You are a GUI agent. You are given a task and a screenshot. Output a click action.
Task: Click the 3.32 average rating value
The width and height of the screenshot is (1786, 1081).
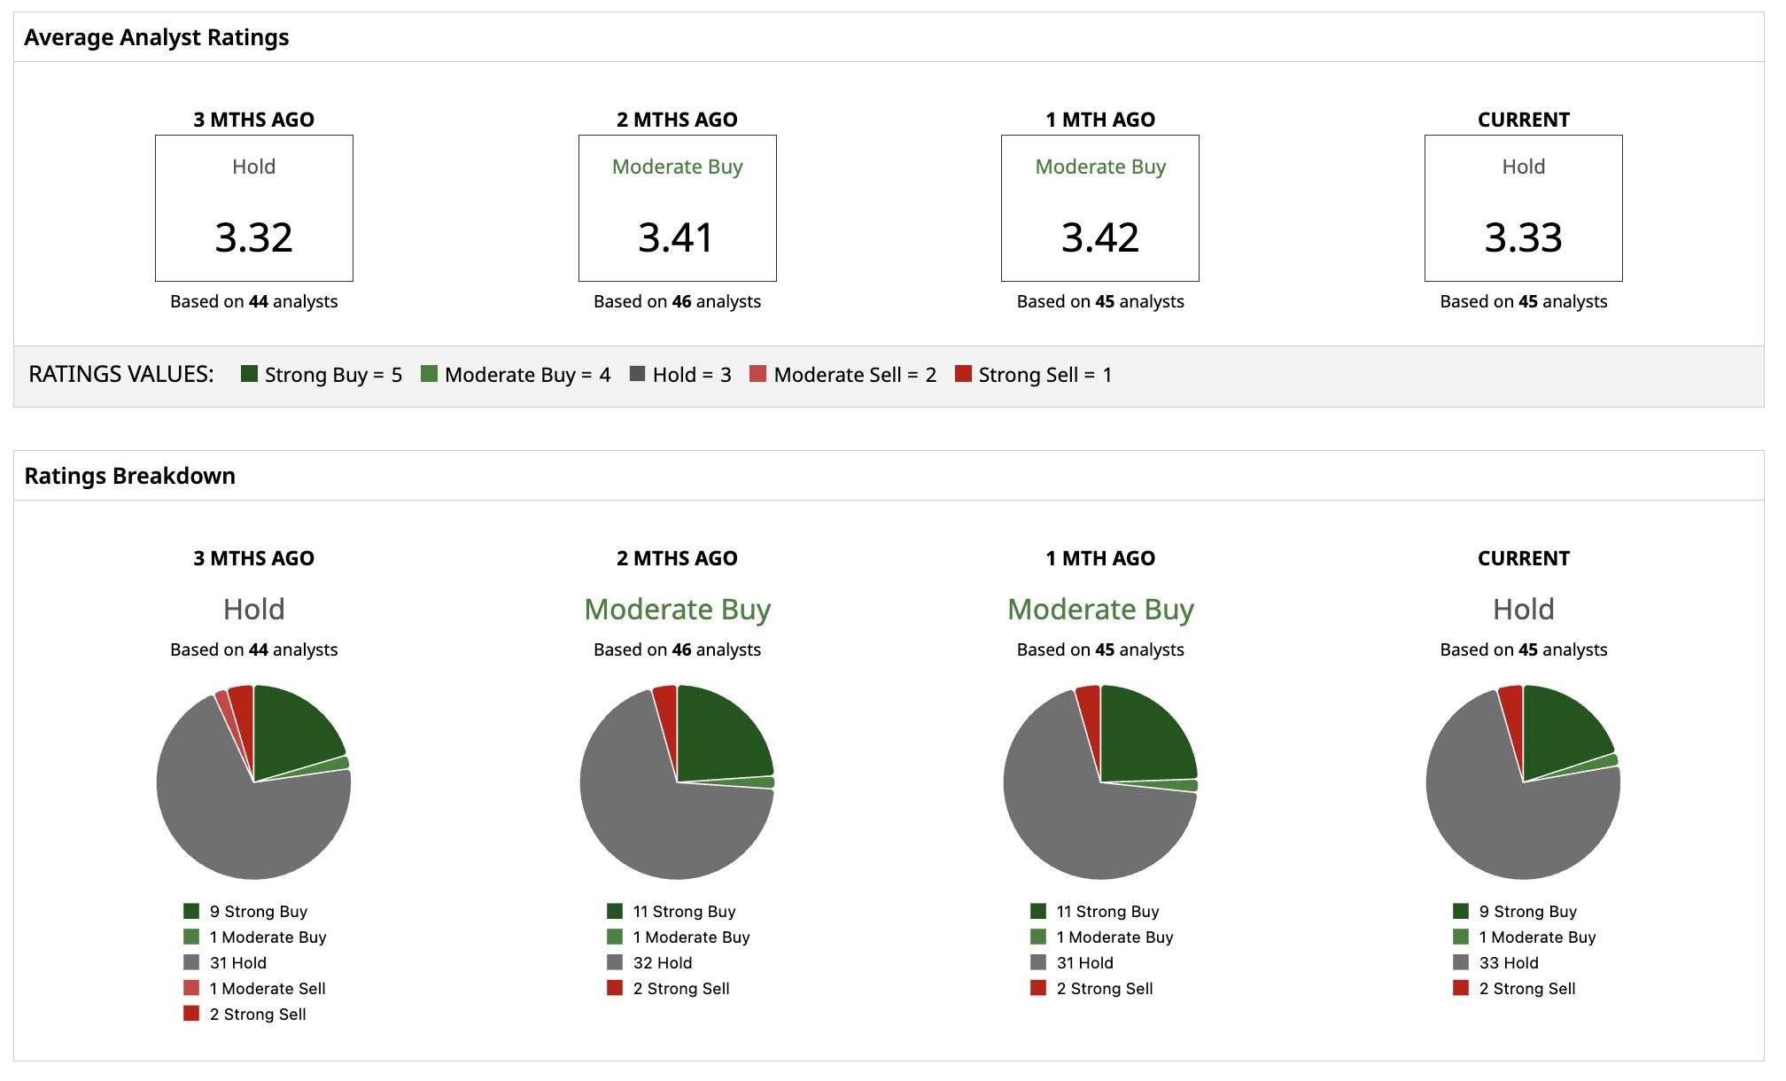(x=253, y=237)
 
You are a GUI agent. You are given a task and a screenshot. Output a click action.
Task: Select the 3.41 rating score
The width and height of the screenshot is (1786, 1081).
(x=676, y=237)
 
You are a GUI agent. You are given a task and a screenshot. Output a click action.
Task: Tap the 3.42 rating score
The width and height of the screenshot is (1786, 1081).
(x=1100, y=237)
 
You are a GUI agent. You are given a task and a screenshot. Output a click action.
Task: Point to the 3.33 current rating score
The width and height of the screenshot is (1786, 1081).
(x=1523, y=237)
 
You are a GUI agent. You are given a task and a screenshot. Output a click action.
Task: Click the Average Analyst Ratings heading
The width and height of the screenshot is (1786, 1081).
(x=157, y=37)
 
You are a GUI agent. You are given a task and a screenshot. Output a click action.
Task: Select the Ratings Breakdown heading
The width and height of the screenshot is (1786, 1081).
(x=130, y=476)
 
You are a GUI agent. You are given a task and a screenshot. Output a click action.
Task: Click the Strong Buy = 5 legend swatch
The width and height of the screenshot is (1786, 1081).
(x=249, y=374)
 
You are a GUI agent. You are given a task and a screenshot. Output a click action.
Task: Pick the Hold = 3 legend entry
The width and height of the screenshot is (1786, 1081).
(x=680, y=375)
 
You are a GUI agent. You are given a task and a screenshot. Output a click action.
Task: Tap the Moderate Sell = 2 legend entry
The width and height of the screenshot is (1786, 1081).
(x=843, y=375)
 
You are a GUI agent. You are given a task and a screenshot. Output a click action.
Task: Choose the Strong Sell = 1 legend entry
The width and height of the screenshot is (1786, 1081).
(x=1033, y=375)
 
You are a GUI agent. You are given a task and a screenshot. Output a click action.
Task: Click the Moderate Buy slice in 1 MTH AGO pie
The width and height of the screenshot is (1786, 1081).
(x=1178, y=785)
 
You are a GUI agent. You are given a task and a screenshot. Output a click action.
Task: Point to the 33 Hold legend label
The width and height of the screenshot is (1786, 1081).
(x=1509, y=962)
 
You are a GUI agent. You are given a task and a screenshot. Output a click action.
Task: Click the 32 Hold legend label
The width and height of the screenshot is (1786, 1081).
(x=663, y=962)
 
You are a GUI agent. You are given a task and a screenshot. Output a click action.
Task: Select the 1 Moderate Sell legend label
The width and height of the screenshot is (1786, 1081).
(x=268, y=988)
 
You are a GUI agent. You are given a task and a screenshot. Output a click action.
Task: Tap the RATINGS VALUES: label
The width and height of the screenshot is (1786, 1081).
(x=121, y=374)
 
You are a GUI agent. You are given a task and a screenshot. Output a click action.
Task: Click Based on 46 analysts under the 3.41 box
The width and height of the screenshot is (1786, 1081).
(x=677, y=301)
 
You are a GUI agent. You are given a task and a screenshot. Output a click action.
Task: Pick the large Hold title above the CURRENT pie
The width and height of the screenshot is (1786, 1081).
(x=1523, y=609)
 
